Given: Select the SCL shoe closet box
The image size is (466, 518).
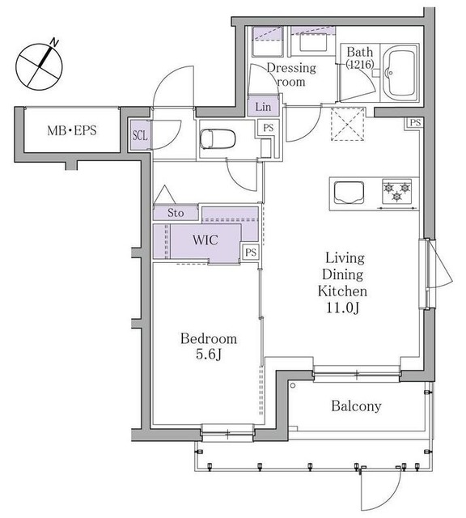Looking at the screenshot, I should [140, 135].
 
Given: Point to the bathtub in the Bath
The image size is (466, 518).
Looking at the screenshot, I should [399, 72].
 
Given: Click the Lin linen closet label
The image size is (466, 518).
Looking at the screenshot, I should [264, 107].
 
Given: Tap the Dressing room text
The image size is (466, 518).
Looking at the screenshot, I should [290, 75].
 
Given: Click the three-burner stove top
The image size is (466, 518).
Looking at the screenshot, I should [397, 193].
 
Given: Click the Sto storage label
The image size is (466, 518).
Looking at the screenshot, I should [176, 213].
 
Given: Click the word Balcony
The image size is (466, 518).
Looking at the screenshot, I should [355, 406].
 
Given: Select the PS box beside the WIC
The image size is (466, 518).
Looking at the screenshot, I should [252, 253].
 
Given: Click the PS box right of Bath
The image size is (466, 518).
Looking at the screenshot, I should [414, 123].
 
